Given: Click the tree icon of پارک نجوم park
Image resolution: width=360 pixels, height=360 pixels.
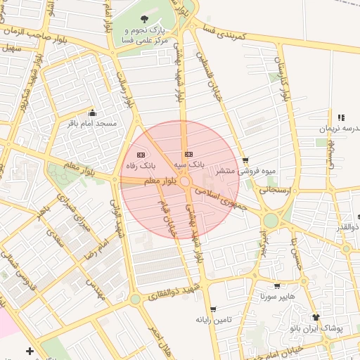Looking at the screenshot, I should coord(145,19).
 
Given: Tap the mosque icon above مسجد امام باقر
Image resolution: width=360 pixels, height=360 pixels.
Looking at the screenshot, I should coord(92,112).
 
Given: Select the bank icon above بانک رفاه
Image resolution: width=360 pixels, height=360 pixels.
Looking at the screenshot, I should coord(140,155).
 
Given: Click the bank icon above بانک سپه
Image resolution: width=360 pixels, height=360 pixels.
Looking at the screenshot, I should coord(188,154).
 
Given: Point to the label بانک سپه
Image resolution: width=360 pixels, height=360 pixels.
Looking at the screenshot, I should coord(189,165).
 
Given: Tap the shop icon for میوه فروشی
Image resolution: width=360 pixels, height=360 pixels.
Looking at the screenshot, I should coord(245,160).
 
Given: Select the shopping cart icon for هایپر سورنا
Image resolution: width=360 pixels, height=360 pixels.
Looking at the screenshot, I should coord(277,286).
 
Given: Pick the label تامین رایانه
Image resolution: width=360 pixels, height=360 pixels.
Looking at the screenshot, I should coord(224,320).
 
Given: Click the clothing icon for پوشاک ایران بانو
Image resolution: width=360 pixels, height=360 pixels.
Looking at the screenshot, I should coord(316,317).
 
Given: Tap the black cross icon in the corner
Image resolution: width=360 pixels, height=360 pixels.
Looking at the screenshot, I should coord(29,350).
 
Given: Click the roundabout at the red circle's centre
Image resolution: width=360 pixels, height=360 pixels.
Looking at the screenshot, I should coord(185,182).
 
